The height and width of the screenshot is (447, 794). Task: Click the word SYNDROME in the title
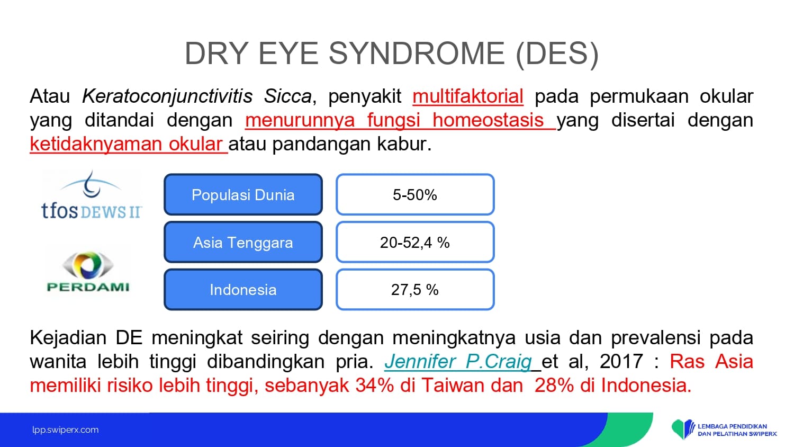point(417,53)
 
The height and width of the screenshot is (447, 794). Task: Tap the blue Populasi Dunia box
point(243,194)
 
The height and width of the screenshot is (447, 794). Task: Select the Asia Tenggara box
point(243,243)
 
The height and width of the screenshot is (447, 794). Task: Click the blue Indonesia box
point(243,290)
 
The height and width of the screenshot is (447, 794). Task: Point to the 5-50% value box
point(415,194)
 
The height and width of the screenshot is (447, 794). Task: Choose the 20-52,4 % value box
point(415,243)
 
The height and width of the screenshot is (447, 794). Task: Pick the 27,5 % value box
point(415,290)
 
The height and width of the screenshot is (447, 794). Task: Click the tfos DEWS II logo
point(92,195)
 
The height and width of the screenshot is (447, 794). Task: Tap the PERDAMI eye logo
point(88,271)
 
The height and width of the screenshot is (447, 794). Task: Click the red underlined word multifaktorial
point(468,96)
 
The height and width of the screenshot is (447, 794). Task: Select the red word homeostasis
point(488,120)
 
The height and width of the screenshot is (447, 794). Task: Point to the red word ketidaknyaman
point(96,144)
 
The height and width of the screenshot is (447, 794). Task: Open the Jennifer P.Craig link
point(458,362)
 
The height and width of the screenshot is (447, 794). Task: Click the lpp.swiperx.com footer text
point(66,430)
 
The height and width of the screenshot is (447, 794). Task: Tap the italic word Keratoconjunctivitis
point(167,96)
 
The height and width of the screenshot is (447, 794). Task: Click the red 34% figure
point(375,385)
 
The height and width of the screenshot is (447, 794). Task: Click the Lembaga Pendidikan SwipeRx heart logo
point(683,430)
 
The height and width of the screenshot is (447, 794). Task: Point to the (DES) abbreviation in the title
point(557,54)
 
